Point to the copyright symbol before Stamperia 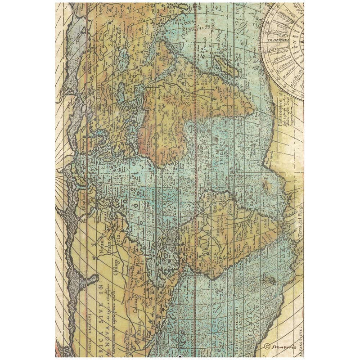(267, 347)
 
